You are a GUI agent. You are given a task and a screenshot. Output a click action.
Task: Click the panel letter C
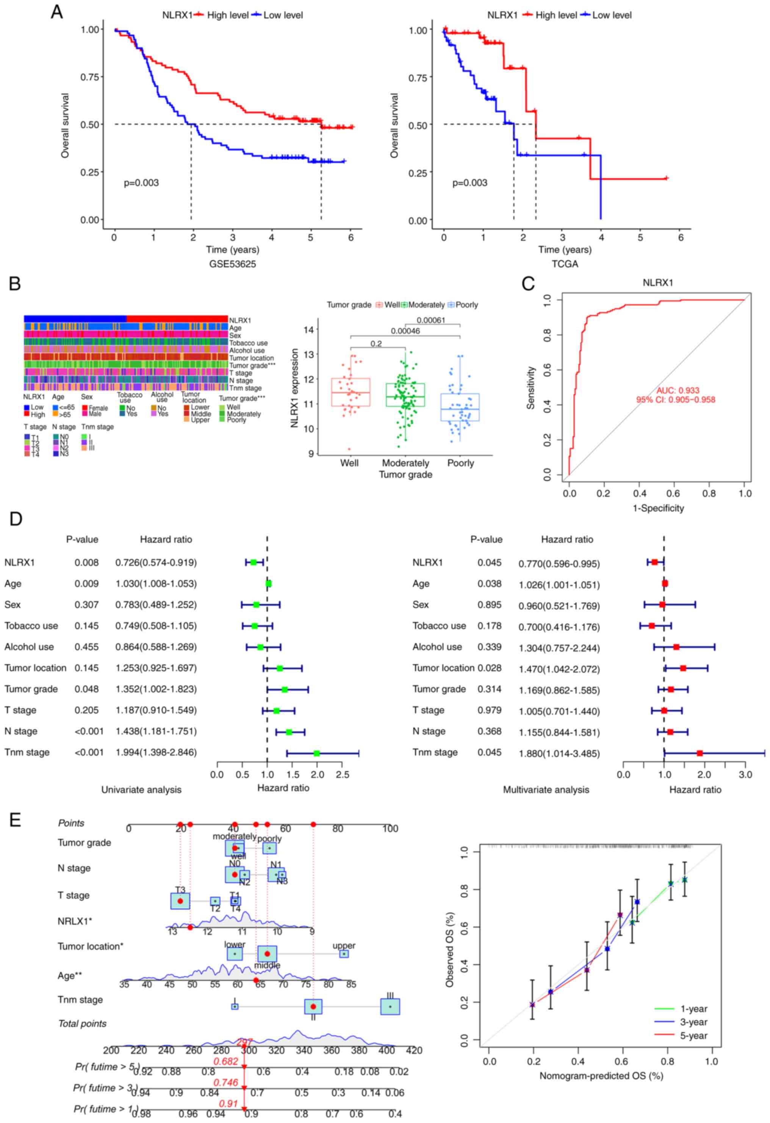click(x=528, y=284)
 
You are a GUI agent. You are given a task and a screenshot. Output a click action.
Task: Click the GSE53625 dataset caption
click(x=233, y=264)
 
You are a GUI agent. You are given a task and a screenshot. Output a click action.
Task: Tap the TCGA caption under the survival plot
click(x=565, y=264)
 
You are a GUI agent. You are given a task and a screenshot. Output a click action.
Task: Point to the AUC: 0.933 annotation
click(x=677, y=390)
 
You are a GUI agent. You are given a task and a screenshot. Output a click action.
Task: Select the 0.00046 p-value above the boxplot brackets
click(x=405, y=331)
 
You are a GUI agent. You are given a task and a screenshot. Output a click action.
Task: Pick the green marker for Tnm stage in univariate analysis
click(x=317, y=753)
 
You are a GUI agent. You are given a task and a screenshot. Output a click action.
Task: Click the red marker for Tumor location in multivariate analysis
click(x=683, y=668)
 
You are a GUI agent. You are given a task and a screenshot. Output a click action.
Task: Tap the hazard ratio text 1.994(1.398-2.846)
click(x=156, y=753)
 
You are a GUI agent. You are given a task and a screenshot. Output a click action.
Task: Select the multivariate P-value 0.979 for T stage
click(x=489, y=710)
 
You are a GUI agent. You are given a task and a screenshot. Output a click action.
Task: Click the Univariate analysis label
click(x=141, y=790)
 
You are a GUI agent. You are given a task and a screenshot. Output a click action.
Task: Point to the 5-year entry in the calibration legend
click(x=693, y=1036)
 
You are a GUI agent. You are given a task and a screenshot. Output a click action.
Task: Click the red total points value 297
click(x=244, y=1042)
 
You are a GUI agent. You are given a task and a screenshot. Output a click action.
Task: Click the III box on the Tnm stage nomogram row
click(x=390, y=1007)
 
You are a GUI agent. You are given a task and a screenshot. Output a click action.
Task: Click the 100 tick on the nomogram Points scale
click(x=390, y=829)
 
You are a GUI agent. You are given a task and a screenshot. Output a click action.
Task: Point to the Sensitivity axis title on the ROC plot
click(x=531, y=388)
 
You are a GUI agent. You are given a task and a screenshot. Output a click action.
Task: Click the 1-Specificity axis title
click(x=658, y=508)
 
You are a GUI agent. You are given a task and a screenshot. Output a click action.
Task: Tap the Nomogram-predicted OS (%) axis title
click(x=601, y=1076)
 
